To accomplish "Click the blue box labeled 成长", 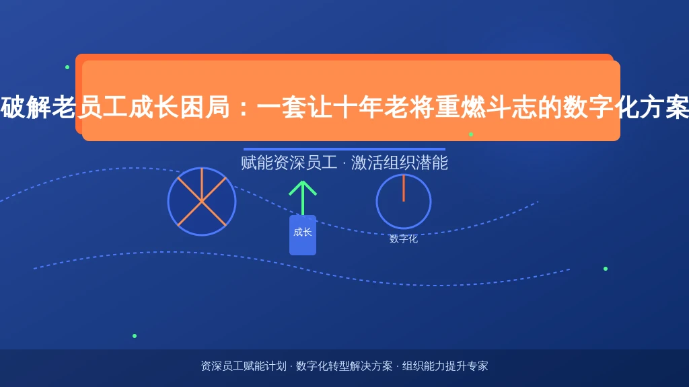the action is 303,234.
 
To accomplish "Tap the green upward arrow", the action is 303,198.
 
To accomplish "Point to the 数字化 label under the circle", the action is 404,239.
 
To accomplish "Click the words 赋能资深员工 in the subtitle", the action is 289,163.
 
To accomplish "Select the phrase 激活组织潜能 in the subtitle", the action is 400,163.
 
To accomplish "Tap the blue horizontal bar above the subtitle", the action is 344,149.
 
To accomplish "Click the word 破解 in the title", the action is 26,107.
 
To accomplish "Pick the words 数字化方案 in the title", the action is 626,107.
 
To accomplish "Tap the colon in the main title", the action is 244,107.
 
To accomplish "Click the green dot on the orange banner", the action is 471,134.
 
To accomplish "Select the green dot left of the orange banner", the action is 67,67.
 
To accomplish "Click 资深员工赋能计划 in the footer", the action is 244,366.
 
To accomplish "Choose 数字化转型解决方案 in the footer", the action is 344,366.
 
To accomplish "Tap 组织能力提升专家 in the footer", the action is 445,366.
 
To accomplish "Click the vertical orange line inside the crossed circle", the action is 202,185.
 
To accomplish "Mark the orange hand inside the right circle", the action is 404,188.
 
